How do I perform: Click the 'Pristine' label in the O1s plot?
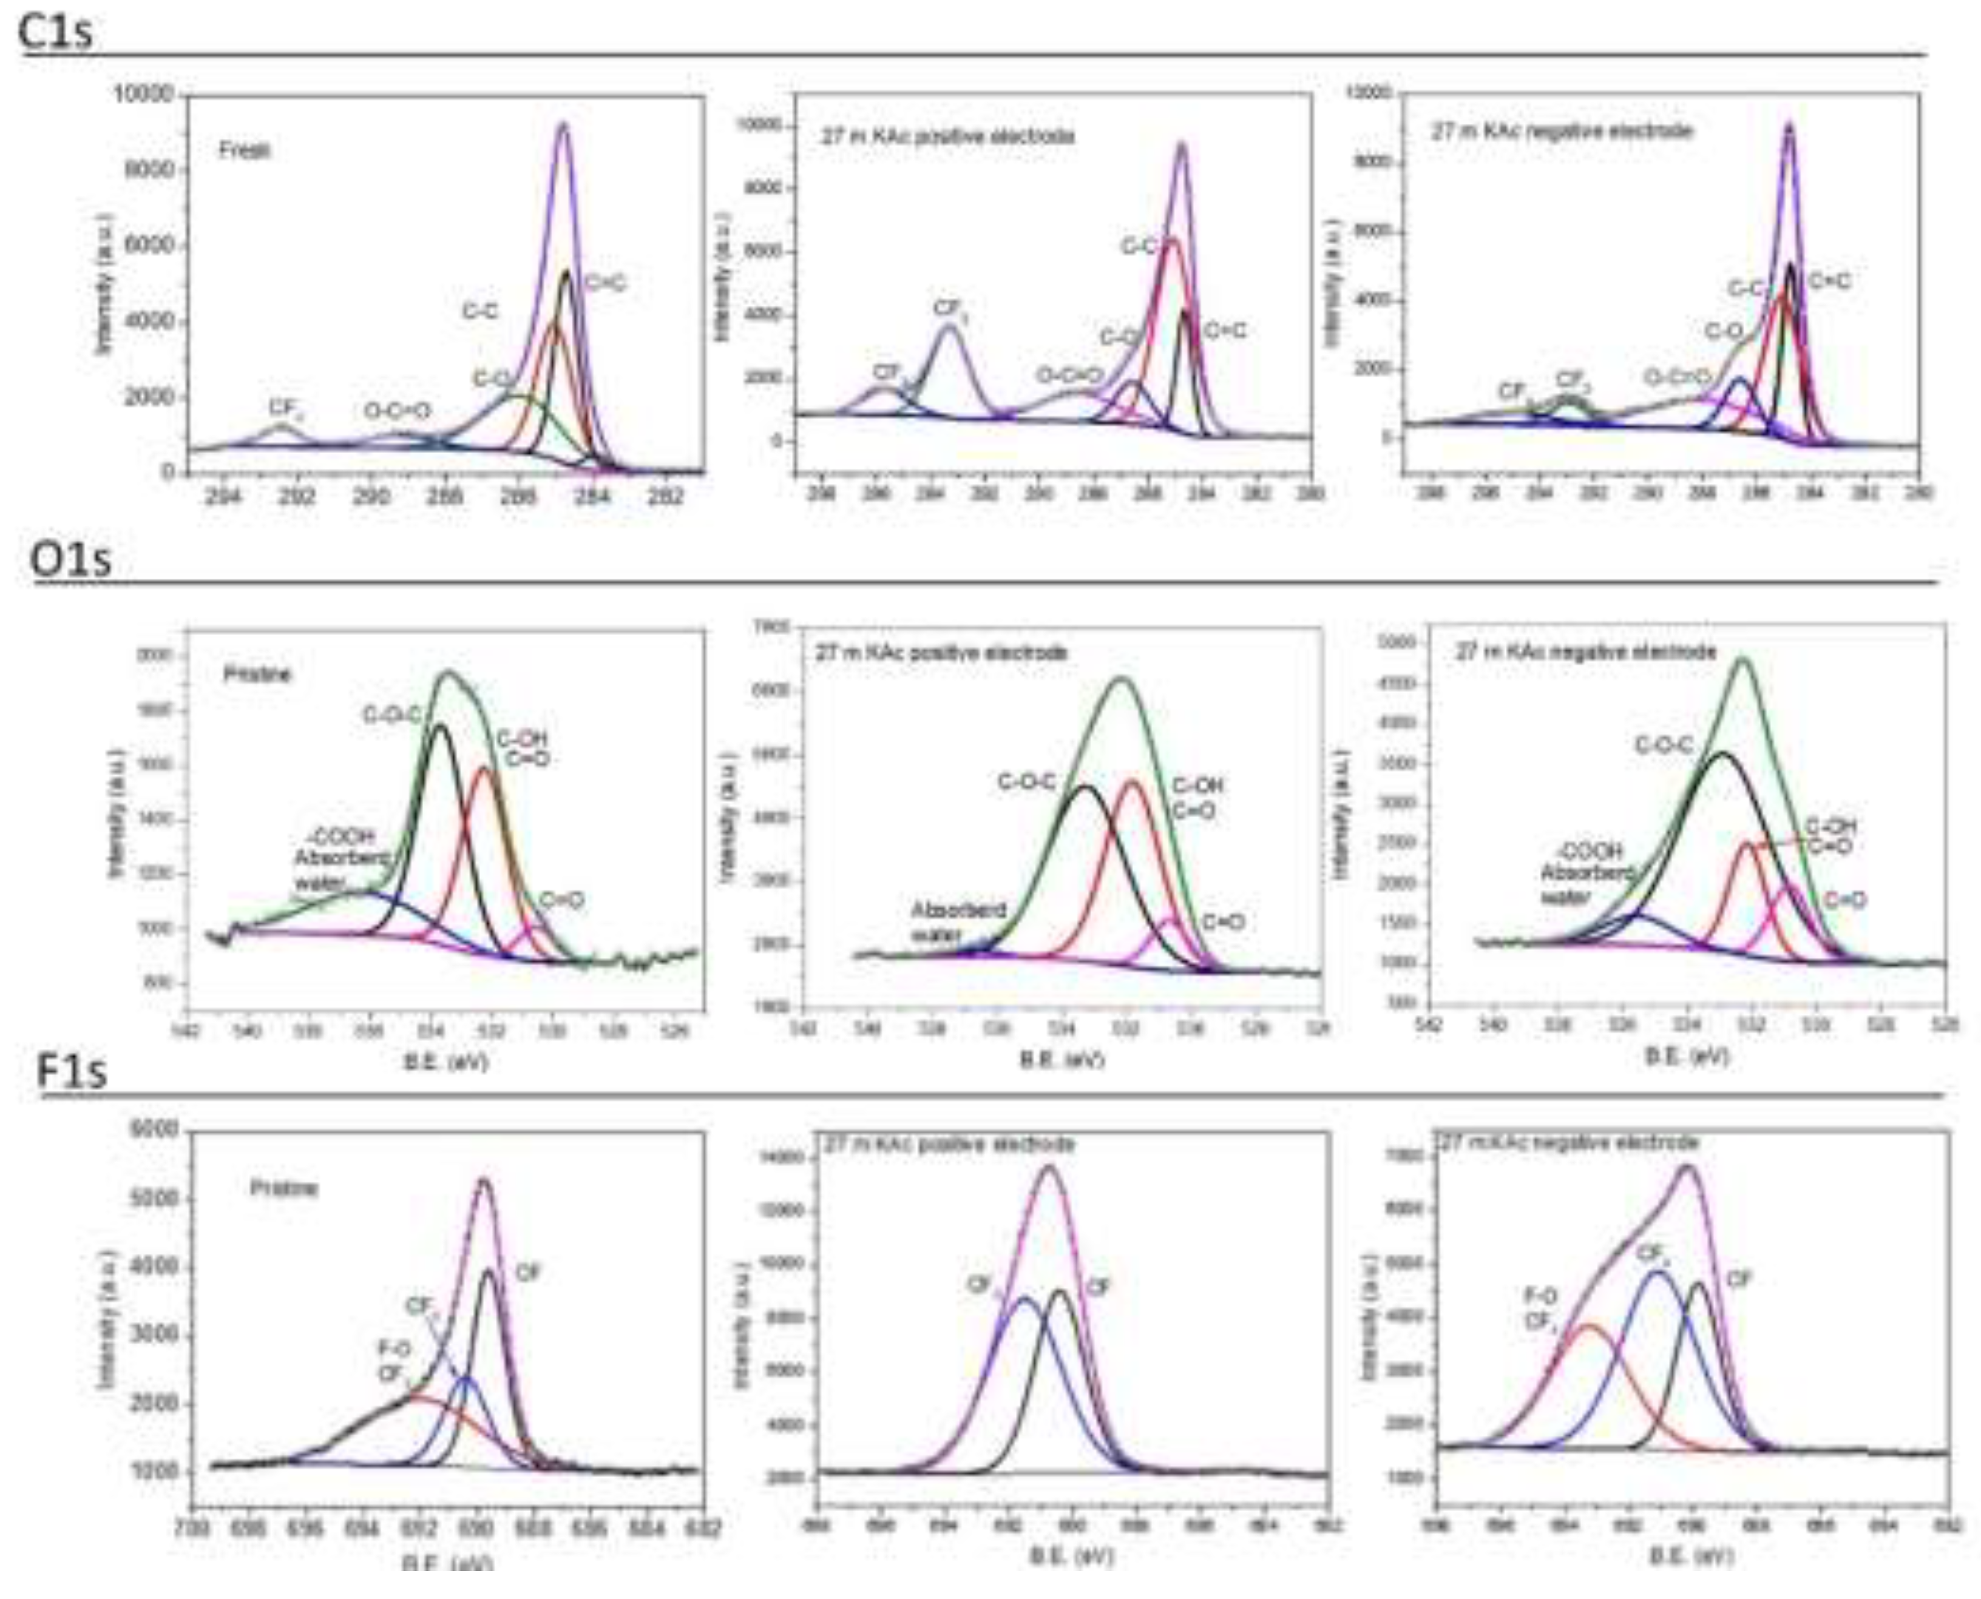(257, 674)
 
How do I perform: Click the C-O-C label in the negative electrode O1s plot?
(1664, 745)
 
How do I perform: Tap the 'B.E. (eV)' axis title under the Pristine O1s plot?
(446, 1060)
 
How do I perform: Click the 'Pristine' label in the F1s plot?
(284, 1188)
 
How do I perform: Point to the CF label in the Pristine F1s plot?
(527, 1273)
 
